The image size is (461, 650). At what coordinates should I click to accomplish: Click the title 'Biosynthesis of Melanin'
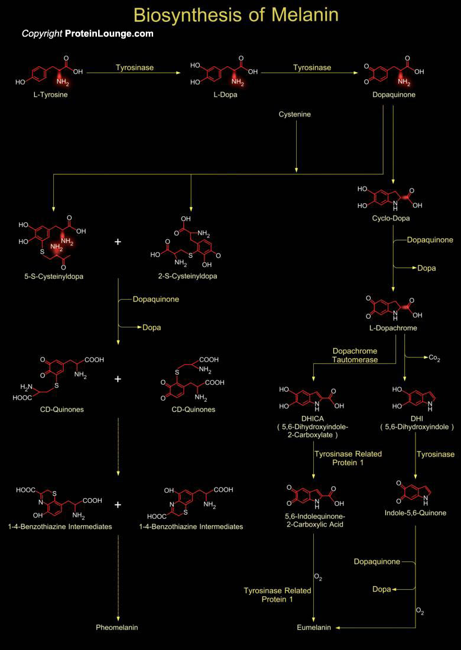pyautogui.click(x=236, y=14)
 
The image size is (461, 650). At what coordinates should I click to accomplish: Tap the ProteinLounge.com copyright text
pyautogui.click(x=87, y=34)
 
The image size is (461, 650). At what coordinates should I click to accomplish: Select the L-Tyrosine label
pyautogui.click(x=50, y=94)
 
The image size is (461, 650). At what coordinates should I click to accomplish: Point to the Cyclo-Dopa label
pyautogui.click(x=392, y=218)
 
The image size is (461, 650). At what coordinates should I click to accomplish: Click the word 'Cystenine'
pyautogui.click(x=294, y=114)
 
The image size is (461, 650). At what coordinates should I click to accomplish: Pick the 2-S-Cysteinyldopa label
pyautogui.click(x=190, y=276)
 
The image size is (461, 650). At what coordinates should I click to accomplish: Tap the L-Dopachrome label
pyautogui.click(x=392, y=328)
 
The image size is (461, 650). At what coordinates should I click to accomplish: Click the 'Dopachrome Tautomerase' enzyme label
pyautogui.click(x=355, y=355)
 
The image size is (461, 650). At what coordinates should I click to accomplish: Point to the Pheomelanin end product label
pyautogui.click(x=117, y=627)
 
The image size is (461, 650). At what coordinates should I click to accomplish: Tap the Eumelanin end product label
pyautogui.click(x=314, y=627)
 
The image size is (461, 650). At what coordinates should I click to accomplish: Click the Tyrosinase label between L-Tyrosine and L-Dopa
pyautogui.click(x=135, y=67)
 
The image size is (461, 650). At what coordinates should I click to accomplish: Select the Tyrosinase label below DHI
pyautogui.click(x=435, y=454)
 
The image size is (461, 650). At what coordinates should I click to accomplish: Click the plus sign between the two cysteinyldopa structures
pyautogui.click(x=118, y=242)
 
